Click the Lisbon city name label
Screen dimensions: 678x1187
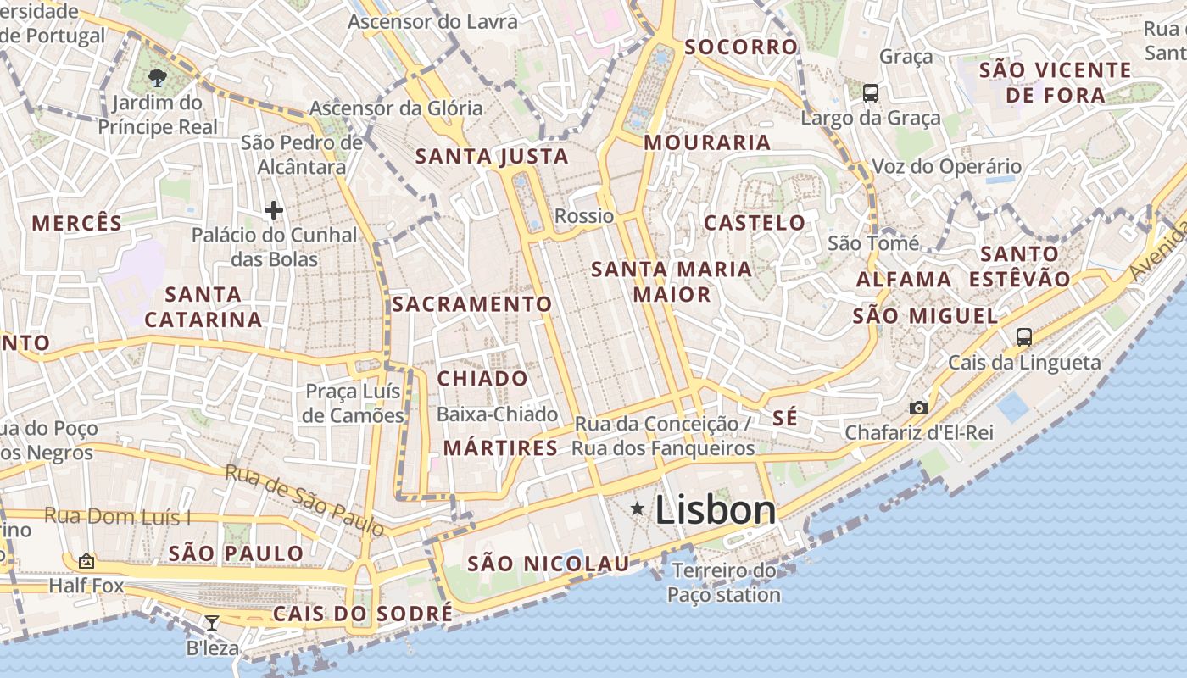[715, 510]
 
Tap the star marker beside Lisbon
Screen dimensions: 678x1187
[638, 508]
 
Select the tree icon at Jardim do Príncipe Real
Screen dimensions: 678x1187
[157, 79]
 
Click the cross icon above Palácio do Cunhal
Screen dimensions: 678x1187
[273, 209]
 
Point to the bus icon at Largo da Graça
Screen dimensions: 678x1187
[871, 92]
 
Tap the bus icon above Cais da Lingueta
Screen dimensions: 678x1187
[1023, 336]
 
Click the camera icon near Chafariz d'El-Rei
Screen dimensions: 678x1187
[918, 408]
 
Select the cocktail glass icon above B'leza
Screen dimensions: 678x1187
[212, 624]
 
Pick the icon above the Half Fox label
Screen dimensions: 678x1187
[86, 561]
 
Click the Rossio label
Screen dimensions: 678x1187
[584, 216]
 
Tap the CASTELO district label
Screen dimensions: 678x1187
[755, 223]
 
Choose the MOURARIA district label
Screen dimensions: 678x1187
[707, 142]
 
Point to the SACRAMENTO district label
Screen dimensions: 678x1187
[472, 303]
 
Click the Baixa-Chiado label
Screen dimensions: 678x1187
[497, 414]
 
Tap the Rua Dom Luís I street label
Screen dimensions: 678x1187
[117, 516]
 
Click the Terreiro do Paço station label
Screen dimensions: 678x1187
[723, 583]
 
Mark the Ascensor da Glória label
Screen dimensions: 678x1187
[395, 108]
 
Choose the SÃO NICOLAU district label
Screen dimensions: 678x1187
[549, 564]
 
